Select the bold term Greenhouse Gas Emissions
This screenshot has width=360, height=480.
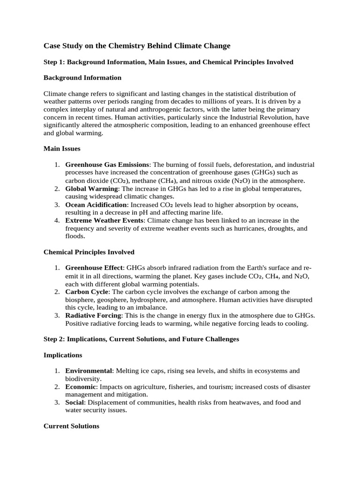coord(107,165)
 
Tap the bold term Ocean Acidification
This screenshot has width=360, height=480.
coord(96,205)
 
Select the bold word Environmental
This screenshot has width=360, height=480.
coord(89,371)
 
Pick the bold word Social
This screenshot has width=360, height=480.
coord(75,402)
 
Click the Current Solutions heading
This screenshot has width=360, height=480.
coord(71,426)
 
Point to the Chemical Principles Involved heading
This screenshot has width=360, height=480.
coord(89,252)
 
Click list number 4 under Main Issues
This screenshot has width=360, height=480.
coord(56,220)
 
